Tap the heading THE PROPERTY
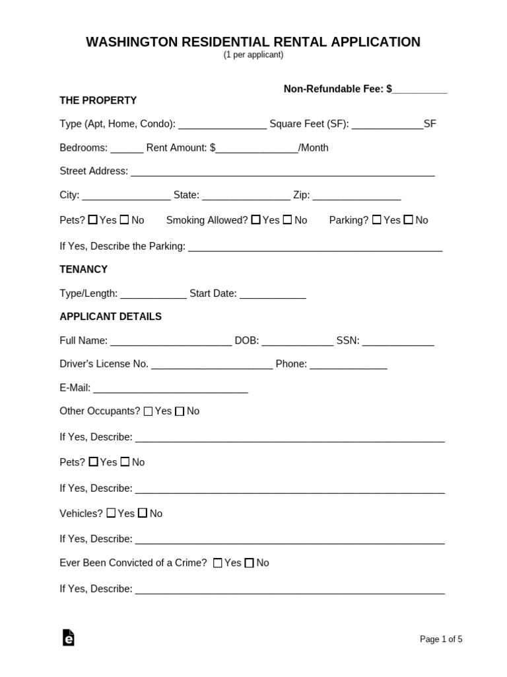pyautogui.click(x=98, y=100)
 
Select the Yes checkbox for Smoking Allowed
pyautogui.click(x=255, y=220)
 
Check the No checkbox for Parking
pyautogui.click(x=408, y=220)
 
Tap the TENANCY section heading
pyautogui.click(x=83, y=270)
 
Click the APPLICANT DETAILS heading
pyautogui.click(x=110, y=317)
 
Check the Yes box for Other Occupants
pyautogui.click(x=148, y=411)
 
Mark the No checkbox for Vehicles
pyautogui.click(x=143, y=513)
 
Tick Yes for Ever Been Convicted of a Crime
pyautogui.click(x=217, y=563)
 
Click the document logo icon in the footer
pyautogui.click(x=68, y=637)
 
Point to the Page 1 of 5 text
pyautogui.click(x=441, y=639)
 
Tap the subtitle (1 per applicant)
pyautogui.click(x=253, y=55)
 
